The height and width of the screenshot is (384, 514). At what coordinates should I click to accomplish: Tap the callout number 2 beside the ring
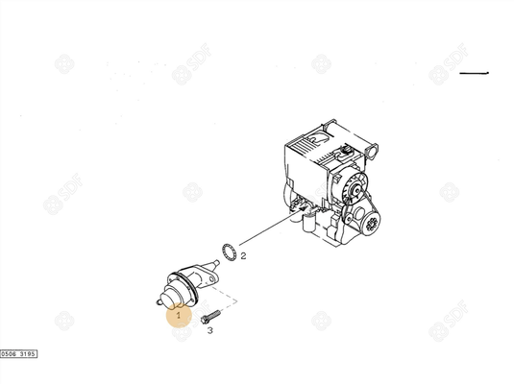coord(243,256)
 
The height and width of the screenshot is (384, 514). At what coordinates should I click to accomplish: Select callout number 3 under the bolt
coord(210,329)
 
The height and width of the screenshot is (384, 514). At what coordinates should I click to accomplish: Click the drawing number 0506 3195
coord(19,353)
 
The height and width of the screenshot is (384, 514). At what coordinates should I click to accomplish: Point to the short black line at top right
coord(474,73)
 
